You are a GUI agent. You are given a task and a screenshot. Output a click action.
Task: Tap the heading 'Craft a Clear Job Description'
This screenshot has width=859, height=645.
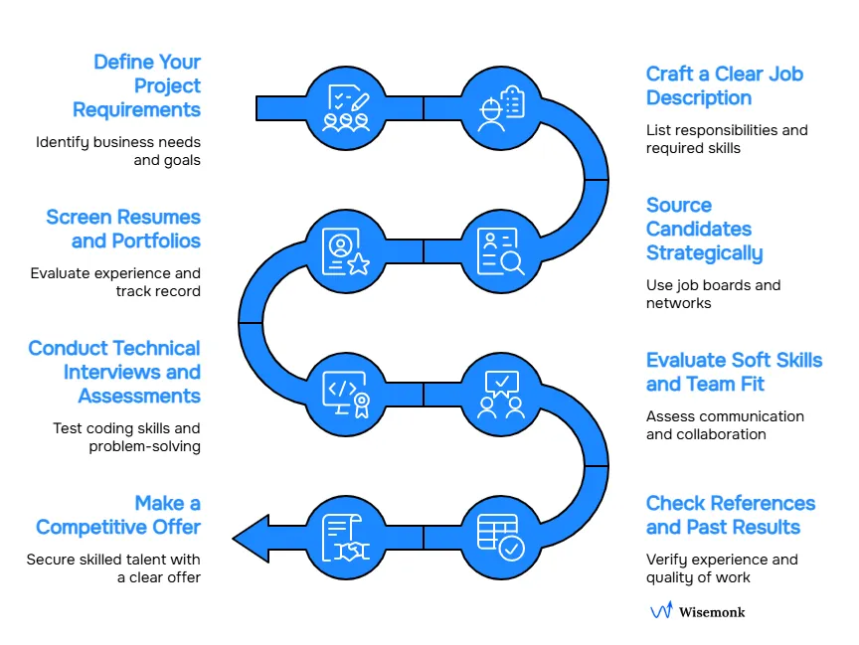pyautogui.click(x=724, y=86)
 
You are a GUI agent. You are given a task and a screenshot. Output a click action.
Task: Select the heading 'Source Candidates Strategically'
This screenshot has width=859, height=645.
pyautogui.click(x=704, y=230)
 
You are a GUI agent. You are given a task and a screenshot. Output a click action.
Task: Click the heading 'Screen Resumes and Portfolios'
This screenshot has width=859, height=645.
pyautogui.click(x=123, y=230)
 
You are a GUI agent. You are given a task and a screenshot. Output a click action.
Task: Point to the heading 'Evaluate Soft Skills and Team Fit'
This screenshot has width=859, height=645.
pyautogui.click(x=734, y=373)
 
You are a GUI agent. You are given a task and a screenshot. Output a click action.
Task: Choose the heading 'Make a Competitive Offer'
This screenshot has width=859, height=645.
pyautogui.click(x=118, y=516)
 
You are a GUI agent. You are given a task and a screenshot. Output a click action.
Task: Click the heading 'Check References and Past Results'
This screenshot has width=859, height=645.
pyautogui.click(x=730, y=516)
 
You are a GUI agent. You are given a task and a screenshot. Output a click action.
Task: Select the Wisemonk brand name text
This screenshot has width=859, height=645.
pyautogui.click(x=712, y=612)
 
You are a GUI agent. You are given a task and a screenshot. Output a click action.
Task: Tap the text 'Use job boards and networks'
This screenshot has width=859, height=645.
pyautogui.click(x=713, y=294)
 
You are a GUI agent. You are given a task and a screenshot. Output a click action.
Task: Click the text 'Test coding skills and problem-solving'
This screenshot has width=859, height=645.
pyautogui.click(x=126, y=437)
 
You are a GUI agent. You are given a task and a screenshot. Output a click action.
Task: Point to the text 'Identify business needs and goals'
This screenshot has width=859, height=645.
pyautogui.click(x=118, y=151)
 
